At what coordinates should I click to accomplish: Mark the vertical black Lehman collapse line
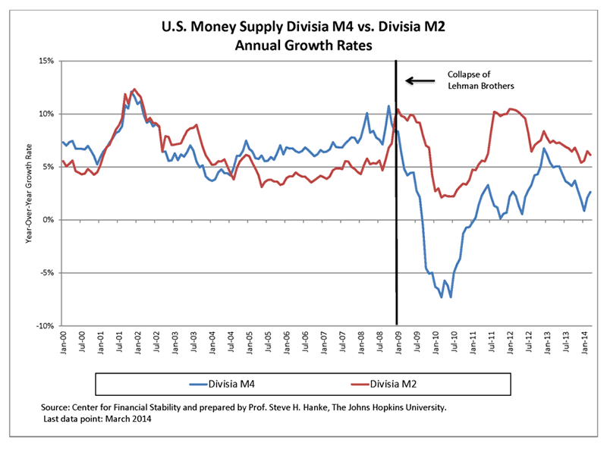[396, 190]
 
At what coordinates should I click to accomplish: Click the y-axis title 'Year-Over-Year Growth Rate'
[28, 193]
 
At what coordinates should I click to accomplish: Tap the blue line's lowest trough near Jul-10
[451, 297]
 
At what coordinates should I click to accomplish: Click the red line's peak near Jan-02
[134, 89]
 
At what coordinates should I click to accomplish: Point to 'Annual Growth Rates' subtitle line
[303, 46]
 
